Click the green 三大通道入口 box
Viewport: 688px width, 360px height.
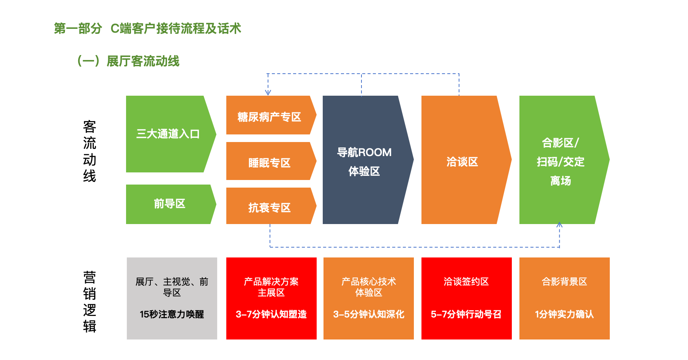[168, 134]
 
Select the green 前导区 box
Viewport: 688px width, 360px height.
[169, 204]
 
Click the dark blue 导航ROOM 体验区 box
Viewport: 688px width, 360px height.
[364, 161]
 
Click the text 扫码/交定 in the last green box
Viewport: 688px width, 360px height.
[560, 162]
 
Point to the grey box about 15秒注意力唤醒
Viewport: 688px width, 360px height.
[172, 298]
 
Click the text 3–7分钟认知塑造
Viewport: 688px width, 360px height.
[271, 314]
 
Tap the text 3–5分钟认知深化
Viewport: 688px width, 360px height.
[369, 314]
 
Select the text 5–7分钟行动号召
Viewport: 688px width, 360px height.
[466, 314]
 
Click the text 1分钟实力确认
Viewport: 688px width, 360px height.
[564, 314]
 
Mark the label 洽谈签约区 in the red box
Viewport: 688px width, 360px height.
[466, 281]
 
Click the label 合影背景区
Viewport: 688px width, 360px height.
[564, 281]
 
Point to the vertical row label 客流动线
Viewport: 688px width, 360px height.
[90, 152]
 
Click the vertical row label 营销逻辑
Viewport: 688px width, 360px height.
[90, 302]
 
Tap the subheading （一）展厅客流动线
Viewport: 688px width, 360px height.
[128, 61]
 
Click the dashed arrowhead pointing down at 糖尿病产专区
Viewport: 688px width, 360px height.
[268, 92]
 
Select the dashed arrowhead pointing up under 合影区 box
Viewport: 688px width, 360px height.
[559, 225]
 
